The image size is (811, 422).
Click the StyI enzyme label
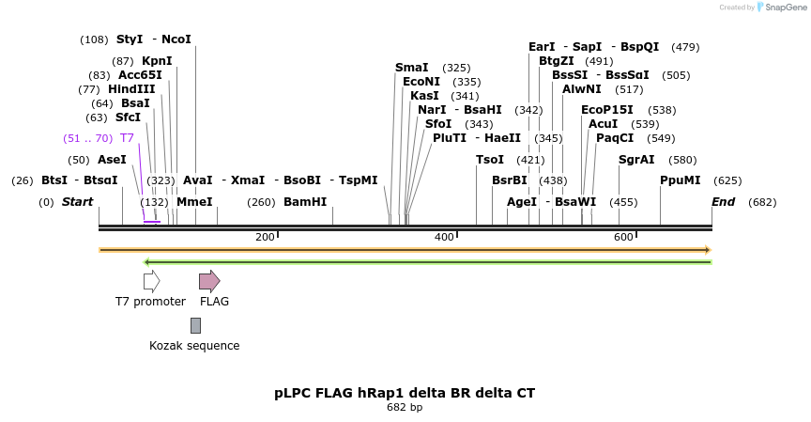130,39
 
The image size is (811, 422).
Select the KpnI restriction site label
157,61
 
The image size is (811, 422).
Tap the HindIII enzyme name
131,89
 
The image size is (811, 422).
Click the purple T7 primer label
127,138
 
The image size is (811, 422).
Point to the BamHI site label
305,202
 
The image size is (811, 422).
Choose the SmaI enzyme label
411,68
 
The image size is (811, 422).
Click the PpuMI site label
680,180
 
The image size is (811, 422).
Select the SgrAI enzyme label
636,160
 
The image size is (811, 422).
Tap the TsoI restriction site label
490,160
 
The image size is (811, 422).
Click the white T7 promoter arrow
151,281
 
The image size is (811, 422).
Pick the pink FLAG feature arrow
209,281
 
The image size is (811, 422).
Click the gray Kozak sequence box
195,325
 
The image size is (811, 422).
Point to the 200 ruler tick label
265,237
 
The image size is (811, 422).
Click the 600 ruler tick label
623,237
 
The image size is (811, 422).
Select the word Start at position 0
78,202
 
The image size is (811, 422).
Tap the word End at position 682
723,202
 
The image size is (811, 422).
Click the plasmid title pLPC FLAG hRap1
405,393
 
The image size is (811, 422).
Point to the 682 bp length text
405,408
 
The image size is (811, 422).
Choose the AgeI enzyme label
522,202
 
